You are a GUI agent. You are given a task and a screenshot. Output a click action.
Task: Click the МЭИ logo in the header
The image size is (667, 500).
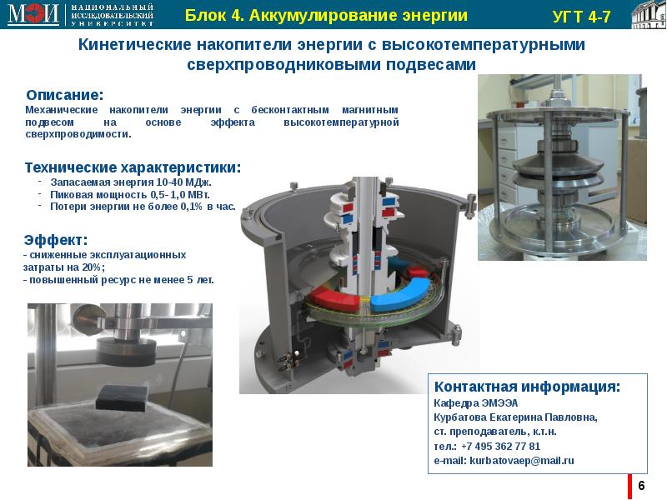[33, 14]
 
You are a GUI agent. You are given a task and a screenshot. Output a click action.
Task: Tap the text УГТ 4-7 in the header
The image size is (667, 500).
[581, 17]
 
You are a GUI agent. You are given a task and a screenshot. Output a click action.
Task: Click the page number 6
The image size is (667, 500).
[641, 485]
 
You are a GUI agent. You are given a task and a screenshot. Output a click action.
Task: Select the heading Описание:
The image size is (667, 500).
[65, 94]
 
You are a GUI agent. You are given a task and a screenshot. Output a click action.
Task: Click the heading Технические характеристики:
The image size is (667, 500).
[133, 167]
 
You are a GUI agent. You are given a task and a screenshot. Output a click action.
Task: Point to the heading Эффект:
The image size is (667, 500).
[56, 240]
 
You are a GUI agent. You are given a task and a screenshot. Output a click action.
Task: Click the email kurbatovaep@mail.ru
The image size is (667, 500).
[522, 461]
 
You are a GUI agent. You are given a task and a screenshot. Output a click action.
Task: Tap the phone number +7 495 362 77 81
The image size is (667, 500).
[501, 447]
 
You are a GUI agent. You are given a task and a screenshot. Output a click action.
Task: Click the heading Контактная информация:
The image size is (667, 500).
[527, 387]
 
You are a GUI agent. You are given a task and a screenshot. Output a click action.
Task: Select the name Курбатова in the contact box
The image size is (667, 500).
[460, 417]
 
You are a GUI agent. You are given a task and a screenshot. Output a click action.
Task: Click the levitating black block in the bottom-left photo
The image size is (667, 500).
[122, 397]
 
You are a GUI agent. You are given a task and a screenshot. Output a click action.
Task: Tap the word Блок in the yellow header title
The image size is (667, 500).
[202, 15]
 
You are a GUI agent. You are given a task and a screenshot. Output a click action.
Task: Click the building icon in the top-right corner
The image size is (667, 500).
[649, 14]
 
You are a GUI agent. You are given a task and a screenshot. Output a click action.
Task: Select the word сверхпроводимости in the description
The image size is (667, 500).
[78, 134]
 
